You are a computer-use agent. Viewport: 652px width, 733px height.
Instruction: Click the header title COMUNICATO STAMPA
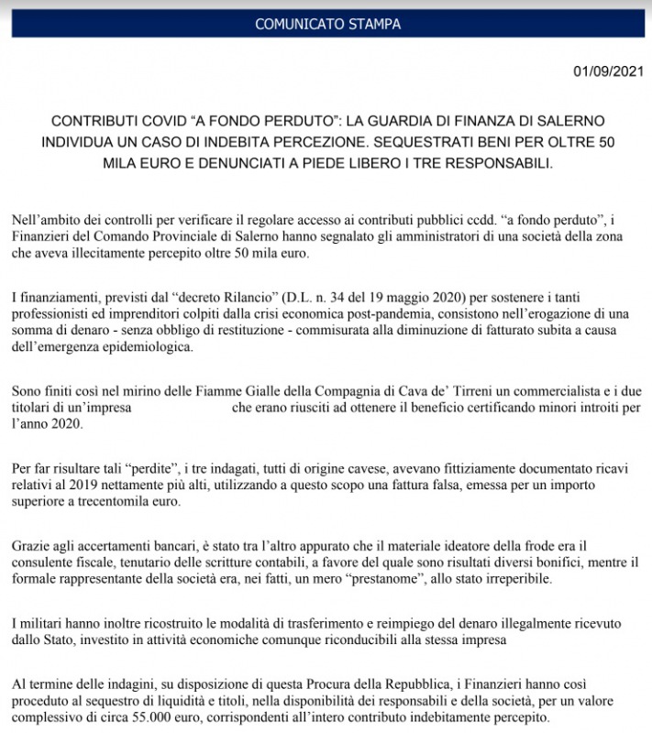coord(327,23)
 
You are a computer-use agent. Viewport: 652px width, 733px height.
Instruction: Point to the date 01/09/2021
coord(609,71)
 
